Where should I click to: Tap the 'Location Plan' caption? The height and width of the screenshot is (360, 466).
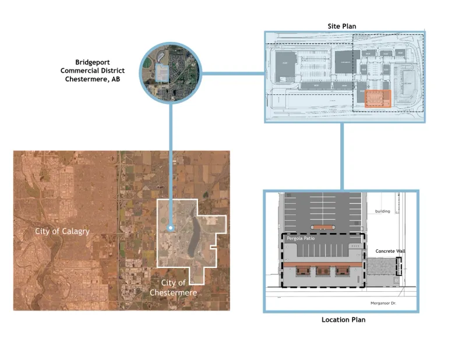tap(343, 320)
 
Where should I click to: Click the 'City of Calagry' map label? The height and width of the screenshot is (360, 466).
tap(62, 231)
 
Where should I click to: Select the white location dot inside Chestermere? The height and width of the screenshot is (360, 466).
tap(170, 228)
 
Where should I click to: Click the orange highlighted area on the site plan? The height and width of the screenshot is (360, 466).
tap(376, 98)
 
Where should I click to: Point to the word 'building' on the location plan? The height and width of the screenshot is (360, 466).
tap(383, 211)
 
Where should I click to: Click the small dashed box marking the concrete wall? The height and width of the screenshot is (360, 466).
tap(399, 266)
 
